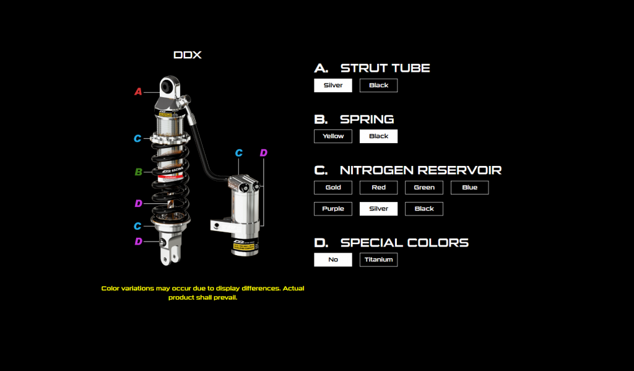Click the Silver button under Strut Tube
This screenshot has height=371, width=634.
(x=333, y=85)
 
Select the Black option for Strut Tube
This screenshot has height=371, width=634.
(x=378, y=85)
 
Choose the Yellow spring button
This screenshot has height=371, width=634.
(x=333, y=136)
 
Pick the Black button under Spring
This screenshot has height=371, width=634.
(x=378, y=136)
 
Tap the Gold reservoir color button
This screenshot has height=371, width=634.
(x=333, y=187)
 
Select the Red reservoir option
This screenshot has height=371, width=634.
(x=378, y=187)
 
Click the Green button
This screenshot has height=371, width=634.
(x=424, y=187)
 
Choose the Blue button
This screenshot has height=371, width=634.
(x=469, y=187)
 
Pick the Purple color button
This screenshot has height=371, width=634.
(x=333, y=209)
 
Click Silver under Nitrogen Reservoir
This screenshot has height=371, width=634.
(x=378, y=209)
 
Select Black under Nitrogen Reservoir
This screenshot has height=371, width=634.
(x=424, y=209)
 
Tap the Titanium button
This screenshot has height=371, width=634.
(x=378, y=260)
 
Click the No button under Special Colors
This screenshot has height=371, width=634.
(x=333, y=260)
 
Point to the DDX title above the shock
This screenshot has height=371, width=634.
(x=188, y=55)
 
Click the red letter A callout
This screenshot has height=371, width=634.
(x=138, y=92)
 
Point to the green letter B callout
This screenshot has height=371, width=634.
(x=139, y=172)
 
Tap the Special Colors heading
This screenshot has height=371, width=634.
(x=404, y=243)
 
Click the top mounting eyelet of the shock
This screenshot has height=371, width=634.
(x=168, y=85)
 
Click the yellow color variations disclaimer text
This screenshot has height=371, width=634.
(x=202, y=293)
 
